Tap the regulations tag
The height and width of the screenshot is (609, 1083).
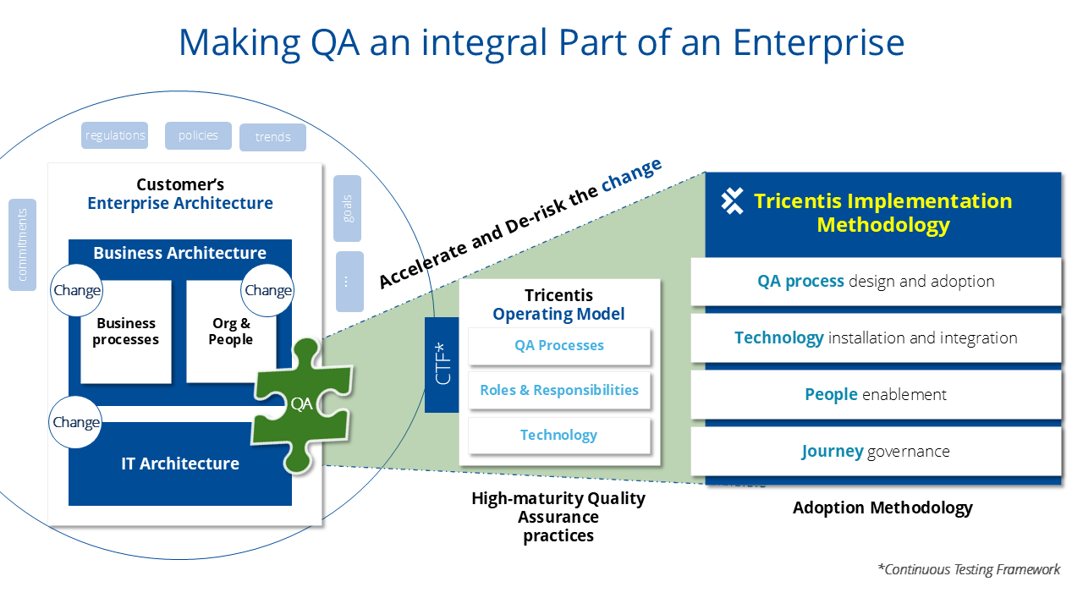pos(115,135)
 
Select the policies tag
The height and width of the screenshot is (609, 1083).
pos(198,135)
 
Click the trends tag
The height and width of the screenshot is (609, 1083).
pos(272,137)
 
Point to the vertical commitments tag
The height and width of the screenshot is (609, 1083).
pos(22,244)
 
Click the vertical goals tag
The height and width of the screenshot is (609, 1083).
pos(347,208)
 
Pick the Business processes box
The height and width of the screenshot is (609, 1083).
pos(126,332)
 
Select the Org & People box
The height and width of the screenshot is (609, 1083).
pos(231,332)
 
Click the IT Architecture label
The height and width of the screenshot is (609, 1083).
pos(179,464)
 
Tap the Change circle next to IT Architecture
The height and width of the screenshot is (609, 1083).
pos(75,422)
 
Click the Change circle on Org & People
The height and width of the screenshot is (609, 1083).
pos(267,290)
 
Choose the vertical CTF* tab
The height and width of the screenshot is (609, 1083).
pos(442,365)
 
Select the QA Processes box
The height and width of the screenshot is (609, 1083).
pos(558,345)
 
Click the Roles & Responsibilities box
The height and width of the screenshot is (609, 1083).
pos(558,390)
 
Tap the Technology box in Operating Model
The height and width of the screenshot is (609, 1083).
pos(558,435)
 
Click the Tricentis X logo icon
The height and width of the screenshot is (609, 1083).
pos(732,201)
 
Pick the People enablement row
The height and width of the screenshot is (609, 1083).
pos(876,394)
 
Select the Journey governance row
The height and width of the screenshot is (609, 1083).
pos(876,451)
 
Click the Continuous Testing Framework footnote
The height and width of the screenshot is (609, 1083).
pos(968,569)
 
